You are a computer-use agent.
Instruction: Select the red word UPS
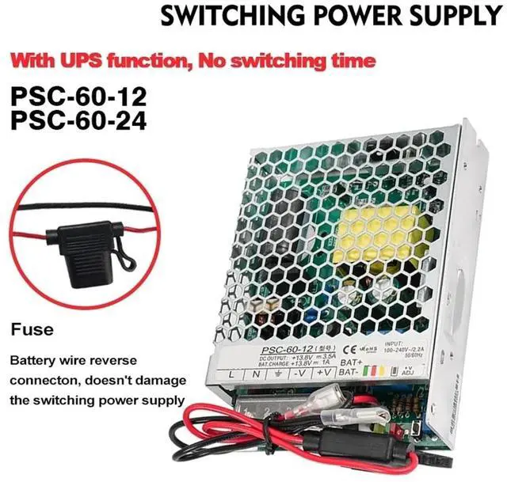pyautogui.click(x=90, y=59)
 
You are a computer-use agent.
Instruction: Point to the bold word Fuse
pyautogui.click(x=32, y=328)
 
